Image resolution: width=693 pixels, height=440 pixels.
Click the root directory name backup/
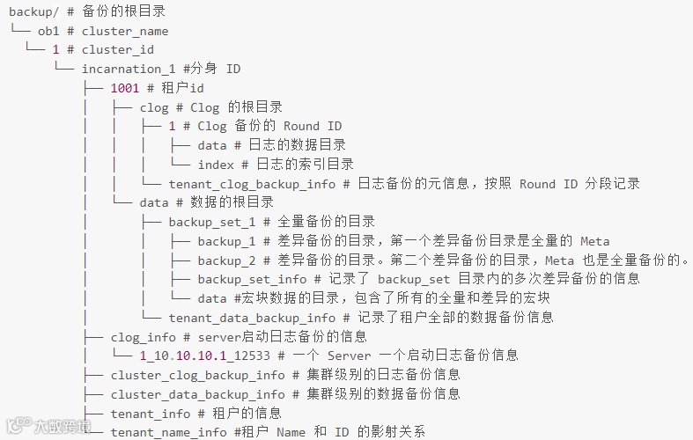(33, 12)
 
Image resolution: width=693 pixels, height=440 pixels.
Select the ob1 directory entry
(48, 32)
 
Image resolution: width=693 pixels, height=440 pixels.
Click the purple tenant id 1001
(125, 88)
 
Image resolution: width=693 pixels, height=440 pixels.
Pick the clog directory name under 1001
(153, 107)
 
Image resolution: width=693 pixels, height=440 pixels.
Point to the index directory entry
(216, 165)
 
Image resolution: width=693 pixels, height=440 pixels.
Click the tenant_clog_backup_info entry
(252, 184)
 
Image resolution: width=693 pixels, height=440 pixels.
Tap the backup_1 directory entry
(226, 241)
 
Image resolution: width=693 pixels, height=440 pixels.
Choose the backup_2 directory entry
(226, 260)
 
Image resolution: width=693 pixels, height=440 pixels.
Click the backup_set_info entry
(252, 279)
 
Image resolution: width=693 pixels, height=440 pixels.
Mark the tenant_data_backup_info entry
(252, 318)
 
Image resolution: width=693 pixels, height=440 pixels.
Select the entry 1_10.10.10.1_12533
(208, 356)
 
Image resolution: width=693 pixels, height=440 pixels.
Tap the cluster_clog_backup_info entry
(198, 375)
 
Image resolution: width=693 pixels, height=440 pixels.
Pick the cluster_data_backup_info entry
(198, 394)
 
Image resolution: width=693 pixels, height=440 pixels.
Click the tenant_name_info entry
(168, 432)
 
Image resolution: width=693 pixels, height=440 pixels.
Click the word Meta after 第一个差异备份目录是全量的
(594, 241)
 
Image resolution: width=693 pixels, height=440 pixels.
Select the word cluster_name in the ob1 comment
(125, 32)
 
